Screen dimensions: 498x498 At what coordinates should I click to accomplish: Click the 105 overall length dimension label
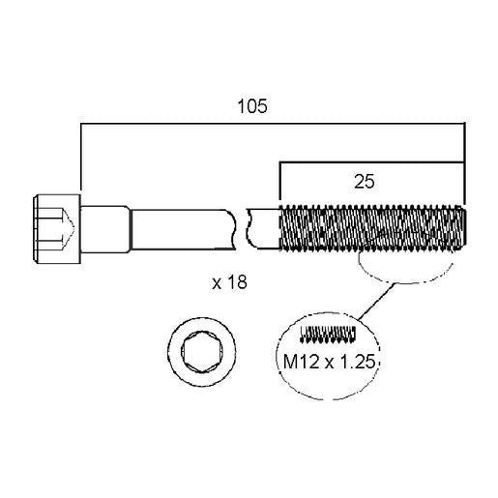click(252, 106)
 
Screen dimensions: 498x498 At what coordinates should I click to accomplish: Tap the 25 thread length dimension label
click(365, 182)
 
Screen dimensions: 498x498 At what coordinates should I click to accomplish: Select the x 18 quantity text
click(229, 282)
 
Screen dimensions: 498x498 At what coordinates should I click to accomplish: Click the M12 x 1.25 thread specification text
click(329, 362)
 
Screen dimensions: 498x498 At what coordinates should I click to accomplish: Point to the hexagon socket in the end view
click(201, 352)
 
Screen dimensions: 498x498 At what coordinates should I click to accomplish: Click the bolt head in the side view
click(57, 229)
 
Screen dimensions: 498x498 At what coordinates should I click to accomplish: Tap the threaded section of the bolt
click(372, 227)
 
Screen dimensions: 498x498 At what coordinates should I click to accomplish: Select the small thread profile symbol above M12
click(328, 334)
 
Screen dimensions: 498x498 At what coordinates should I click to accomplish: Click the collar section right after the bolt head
click(105, 229)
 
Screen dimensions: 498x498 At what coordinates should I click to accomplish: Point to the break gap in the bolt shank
click(242, 229)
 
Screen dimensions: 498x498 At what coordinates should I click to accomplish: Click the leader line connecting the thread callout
click(375, 302)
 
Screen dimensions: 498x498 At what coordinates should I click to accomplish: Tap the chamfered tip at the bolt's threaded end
click(464, 227)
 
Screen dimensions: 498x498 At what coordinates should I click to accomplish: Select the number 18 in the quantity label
click(237, 282)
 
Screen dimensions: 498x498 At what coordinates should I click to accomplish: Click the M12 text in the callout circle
click(301, 362)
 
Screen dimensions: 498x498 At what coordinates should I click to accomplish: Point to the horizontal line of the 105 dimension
click(273, 123)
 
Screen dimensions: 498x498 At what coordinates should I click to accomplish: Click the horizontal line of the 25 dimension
click(372, 162)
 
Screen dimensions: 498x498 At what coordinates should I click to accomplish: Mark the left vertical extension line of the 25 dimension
click(280, 183)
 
